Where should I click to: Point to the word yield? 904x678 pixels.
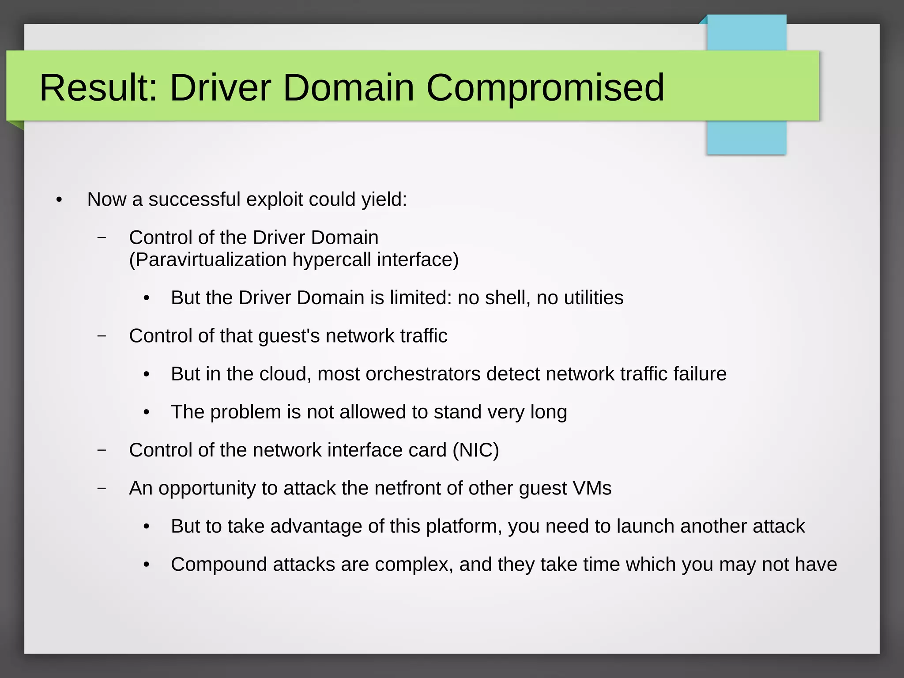(384, 200)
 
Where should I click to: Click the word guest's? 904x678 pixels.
(289, 336)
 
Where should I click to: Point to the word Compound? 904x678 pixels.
(219, 565)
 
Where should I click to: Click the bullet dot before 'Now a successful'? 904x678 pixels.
(59, 200)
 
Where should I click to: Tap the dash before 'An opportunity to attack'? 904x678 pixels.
(102, 488)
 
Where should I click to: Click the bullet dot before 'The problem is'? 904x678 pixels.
(147, 413)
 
